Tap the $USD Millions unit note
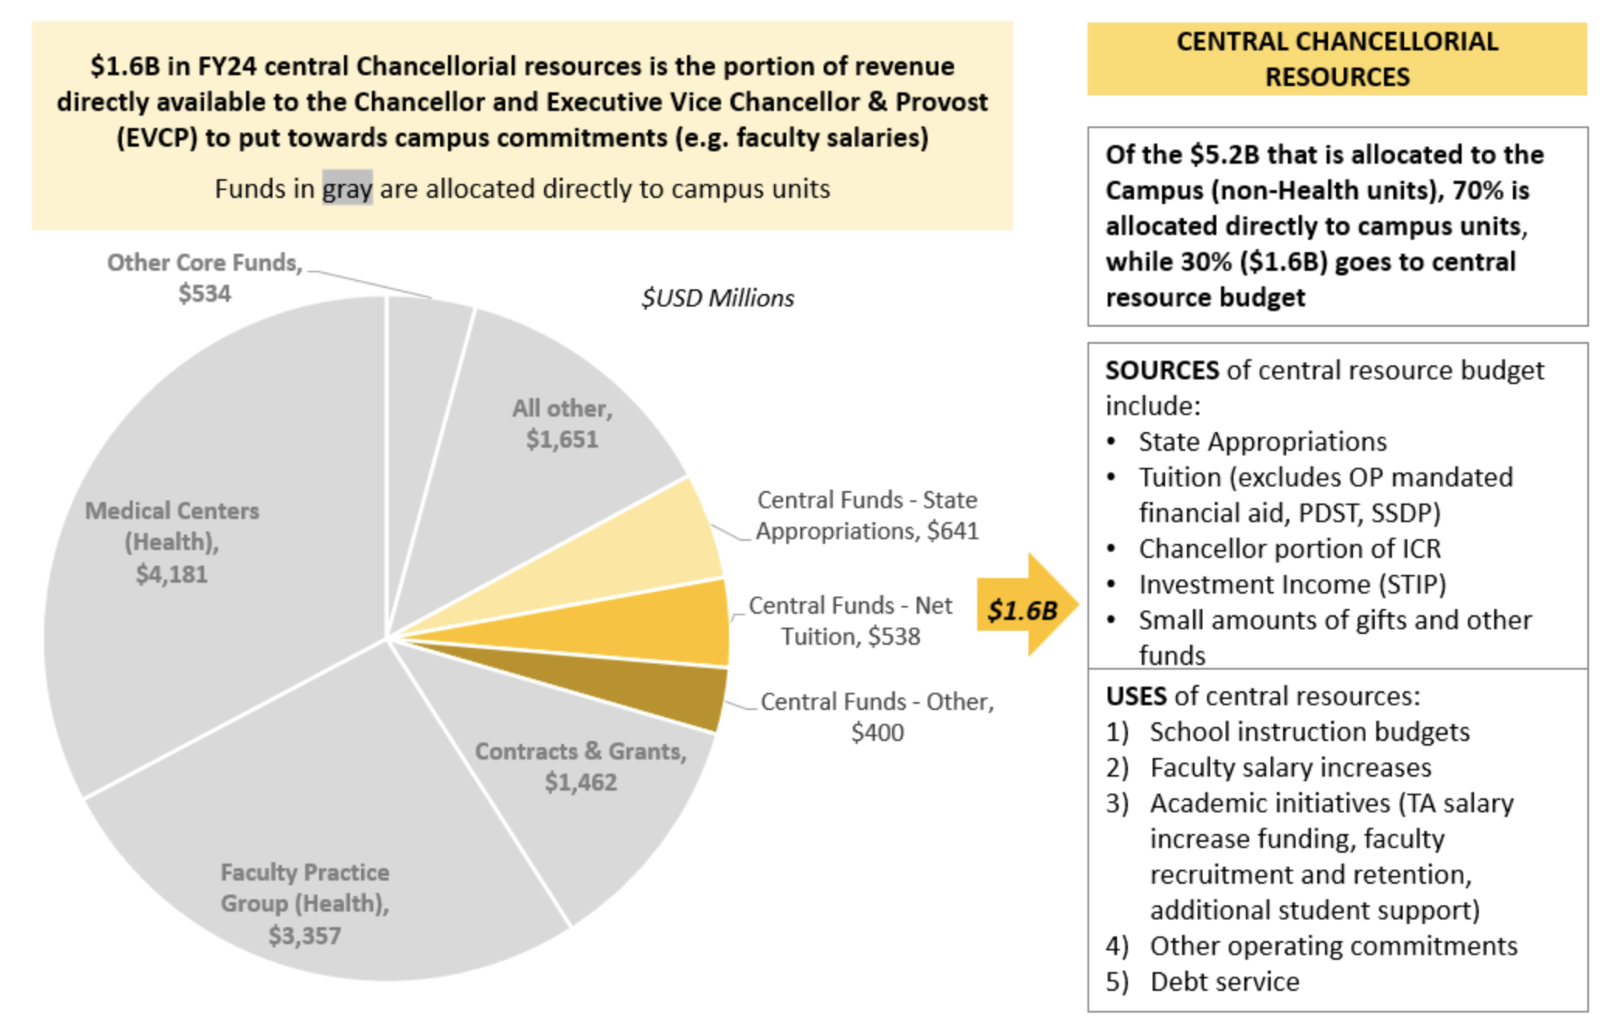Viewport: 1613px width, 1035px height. [x=717, y=298]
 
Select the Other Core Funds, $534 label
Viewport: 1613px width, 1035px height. [x=204, y=278]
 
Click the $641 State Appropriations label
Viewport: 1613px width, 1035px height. [x=867, y=515]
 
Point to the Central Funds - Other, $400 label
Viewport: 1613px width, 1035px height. [x=876, y=716]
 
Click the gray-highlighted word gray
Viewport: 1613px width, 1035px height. [x=347, y=189]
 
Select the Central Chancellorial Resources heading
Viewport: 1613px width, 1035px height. [x=1336, y=59]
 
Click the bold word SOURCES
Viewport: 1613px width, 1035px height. [x=1161, y=371]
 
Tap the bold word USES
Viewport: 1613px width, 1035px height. [x=1136, y=696]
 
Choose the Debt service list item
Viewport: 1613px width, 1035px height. [x=1224, y=981]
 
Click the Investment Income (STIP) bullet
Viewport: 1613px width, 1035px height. [x=1292, y=584]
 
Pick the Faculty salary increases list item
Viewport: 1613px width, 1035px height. [x=1290, y=767]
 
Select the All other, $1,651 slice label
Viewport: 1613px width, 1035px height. [x=562, y=424]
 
